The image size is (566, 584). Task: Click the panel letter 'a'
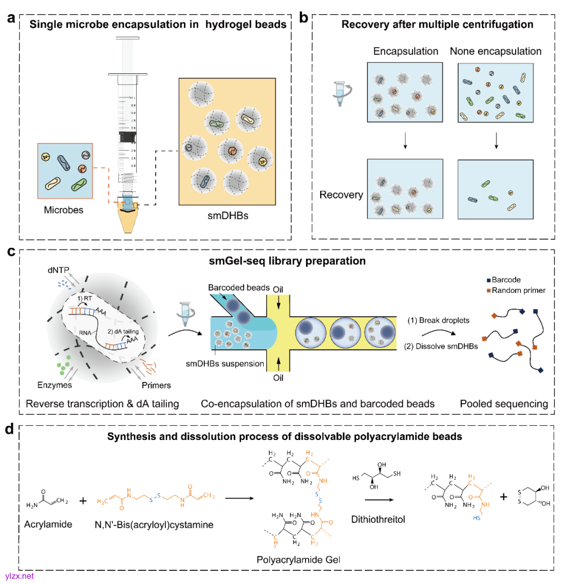coord(11,17)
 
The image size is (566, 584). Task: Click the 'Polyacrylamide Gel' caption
coord(298,560)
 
